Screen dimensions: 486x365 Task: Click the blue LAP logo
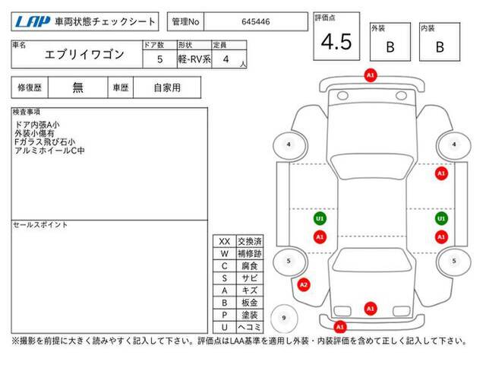33,22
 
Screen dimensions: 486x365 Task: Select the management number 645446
256,22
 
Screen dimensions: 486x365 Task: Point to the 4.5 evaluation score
336,42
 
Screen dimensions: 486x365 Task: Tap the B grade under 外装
390,47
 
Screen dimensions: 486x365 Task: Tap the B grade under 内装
440,47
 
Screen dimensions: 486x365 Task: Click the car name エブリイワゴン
84,55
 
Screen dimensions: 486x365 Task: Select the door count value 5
160,59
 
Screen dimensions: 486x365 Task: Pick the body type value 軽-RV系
194,59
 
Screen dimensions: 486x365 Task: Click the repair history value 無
77,88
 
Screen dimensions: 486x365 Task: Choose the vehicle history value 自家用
167,88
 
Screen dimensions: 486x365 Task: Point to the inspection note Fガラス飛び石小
45,142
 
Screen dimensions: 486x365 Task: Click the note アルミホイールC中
49,151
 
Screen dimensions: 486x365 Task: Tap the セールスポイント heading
40,225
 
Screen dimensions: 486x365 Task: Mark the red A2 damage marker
304,284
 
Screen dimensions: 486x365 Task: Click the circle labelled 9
284,318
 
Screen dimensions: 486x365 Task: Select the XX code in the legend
225,242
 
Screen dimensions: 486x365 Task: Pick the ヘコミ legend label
250,327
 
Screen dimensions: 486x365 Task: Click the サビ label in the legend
250,278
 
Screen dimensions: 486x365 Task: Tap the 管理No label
185,22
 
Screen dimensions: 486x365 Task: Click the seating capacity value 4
226,59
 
